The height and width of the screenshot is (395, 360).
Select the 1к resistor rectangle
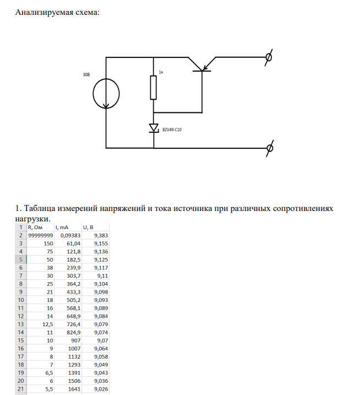pos(154,88)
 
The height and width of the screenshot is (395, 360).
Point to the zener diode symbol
pos(154,128)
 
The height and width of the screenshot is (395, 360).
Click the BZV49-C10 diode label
pos(172,129)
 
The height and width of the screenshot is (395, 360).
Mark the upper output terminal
pos(269,57)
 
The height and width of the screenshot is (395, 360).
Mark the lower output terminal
pos(269,148)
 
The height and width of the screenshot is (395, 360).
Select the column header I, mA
pos(62,227)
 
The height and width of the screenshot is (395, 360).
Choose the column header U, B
pos(88,227)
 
